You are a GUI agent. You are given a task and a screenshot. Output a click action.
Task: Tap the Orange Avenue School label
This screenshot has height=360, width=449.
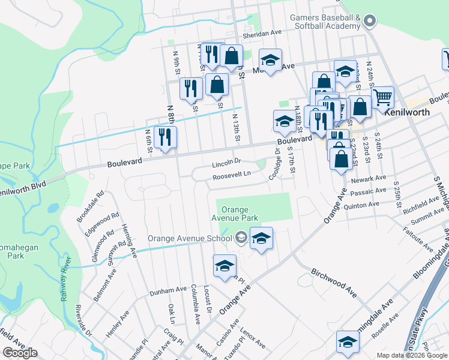[190, 238]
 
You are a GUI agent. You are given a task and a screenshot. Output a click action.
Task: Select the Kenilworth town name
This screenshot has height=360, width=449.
[408, 112]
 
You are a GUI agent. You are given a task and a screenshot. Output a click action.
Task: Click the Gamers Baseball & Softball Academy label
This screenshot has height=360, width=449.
[325, 22]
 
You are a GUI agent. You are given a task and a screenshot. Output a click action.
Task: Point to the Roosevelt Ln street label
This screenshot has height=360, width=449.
[231, 175]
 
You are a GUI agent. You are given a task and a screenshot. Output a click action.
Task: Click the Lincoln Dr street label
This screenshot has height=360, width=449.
[226, 162]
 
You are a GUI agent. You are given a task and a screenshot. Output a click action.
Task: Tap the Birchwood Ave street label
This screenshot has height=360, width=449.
[334, 280]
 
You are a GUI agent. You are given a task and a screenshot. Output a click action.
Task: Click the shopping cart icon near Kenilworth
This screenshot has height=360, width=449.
[382, 97]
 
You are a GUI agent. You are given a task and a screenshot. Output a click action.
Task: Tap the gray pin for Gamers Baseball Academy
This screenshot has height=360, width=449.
[369, 22]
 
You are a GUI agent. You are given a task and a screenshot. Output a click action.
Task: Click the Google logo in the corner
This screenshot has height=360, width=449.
[20, 353]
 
